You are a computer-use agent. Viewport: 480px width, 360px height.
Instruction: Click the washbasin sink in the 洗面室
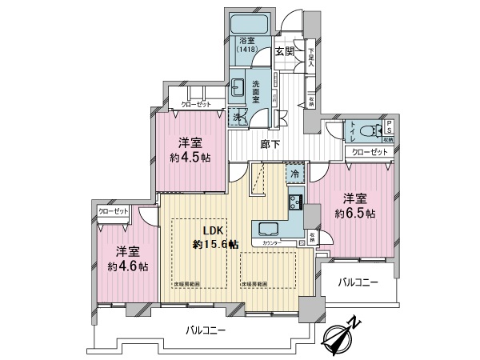point(238,89)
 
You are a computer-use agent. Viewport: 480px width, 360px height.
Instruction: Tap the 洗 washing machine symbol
point(238,116)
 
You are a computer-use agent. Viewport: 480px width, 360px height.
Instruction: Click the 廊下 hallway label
point(270,145)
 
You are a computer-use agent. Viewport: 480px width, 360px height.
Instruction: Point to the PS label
point(388,128)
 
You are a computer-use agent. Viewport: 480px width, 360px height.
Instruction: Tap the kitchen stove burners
point(294,201)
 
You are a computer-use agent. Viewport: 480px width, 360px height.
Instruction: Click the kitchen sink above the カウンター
point(266,227)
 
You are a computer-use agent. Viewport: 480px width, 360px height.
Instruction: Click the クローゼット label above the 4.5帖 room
point(195,104)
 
